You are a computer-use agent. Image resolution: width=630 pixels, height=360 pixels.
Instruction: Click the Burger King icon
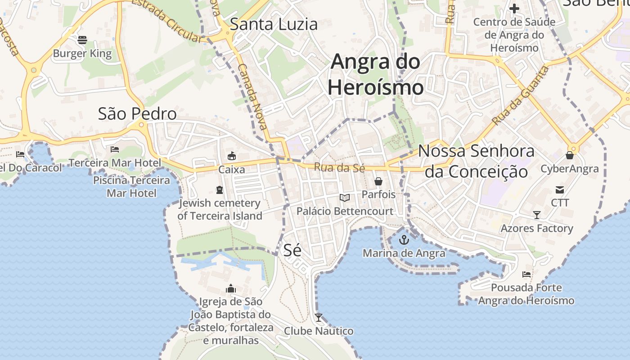[x=82, y=40]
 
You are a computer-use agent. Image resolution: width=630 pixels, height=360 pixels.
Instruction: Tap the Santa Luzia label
[x=274, y=24]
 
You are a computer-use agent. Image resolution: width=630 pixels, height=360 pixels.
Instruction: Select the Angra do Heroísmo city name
[x=375, y=75]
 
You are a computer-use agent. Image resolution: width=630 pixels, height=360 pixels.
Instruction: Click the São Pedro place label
[x=137, y=114]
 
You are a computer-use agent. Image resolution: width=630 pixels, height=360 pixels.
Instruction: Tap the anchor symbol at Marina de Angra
[x=404, y=239]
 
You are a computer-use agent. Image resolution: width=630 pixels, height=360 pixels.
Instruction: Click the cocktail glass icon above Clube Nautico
[x=319, y=318]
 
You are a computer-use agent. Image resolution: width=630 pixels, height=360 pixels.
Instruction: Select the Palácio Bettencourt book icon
[x=345, y=198]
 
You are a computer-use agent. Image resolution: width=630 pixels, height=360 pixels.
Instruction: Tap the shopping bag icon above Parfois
[x=378, y=181]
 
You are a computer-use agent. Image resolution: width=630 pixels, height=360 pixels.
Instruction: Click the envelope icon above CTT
[x=560, y=190]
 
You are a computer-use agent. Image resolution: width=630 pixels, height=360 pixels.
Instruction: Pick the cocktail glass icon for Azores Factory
[x=536, y=215]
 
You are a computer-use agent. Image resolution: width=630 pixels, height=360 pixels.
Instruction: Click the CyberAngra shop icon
[x=569, y=156]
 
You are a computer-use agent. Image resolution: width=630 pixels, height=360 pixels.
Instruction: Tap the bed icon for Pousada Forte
[x=526, y=274]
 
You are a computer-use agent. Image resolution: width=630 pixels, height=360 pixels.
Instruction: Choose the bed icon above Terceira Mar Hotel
[x=115, y=149]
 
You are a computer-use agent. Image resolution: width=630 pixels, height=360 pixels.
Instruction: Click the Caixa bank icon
[x=232, y=156]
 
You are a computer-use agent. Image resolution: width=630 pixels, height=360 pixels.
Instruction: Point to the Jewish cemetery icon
[x=220, y=190]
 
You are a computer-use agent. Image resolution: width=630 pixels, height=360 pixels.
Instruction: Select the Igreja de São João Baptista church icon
[x=231, y=288]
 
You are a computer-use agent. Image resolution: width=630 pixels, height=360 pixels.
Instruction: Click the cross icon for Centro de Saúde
[x=514, y=9]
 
